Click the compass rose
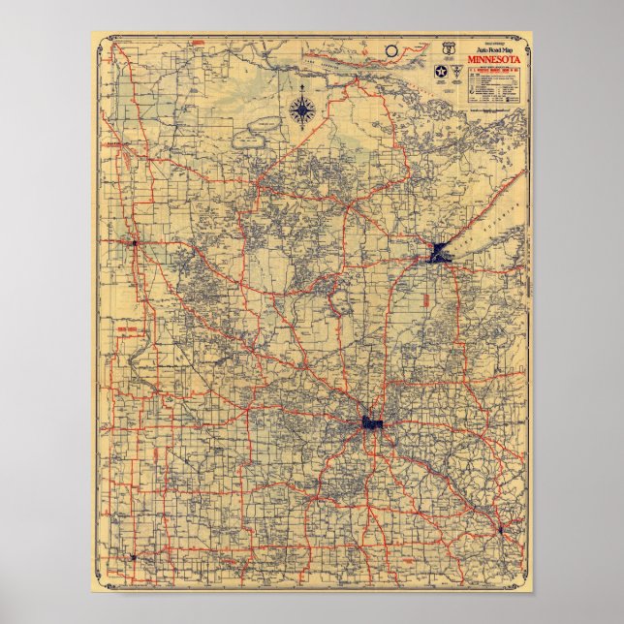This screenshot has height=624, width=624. pos(303,110)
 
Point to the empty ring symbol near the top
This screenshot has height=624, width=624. pos(390,49)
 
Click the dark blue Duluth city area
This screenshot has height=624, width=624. pos(437,254)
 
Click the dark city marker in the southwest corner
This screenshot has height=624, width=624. pos(133,557)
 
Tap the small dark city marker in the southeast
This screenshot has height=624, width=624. pos(499,529)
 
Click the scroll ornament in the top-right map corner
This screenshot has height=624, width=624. pos(522,40)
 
